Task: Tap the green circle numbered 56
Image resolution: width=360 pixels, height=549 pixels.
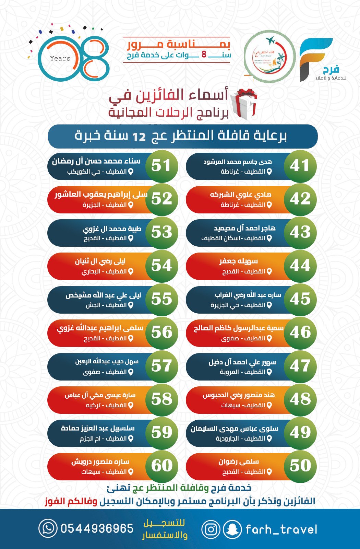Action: pyautogui.click(x=162, y=332)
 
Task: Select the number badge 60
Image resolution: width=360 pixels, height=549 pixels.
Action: pyautogui.click(x=162, y=466)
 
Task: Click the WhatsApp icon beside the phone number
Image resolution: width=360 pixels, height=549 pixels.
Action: pyautogui.click(x=48, y=528)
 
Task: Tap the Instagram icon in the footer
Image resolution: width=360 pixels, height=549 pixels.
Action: pyautogui.click(x=211, y=529)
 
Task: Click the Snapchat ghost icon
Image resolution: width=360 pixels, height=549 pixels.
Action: pyautogui.click(x=232, y=529)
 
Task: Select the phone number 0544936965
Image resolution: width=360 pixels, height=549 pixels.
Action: pyautogui.click(x=97, y=528)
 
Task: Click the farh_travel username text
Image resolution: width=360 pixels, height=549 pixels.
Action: pyautogui.click(x=281, y=529)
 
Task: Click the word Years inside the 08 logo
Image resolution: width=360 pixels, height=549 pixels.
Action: pyautogui.click(x=60, y=58)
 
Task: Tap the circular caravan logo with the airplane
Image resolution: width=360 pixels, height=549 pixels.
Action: pyautogui.click(x=269, y=56)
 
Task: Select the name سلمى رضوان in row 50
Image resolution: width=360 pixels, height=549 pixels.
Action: pyautogui.click(x=239, y=462)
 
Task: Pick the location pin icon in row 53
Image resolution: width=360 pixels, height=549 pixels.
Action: pyautogui.click(x=131, y=238)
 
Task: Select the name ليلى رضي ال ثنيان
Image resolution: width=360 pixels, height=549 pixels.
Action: pyautogui.click(x=100, y=261)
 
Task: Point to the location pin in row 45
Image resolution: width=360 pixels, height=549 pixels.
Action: pyautogui.click(x=269, y=305)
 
